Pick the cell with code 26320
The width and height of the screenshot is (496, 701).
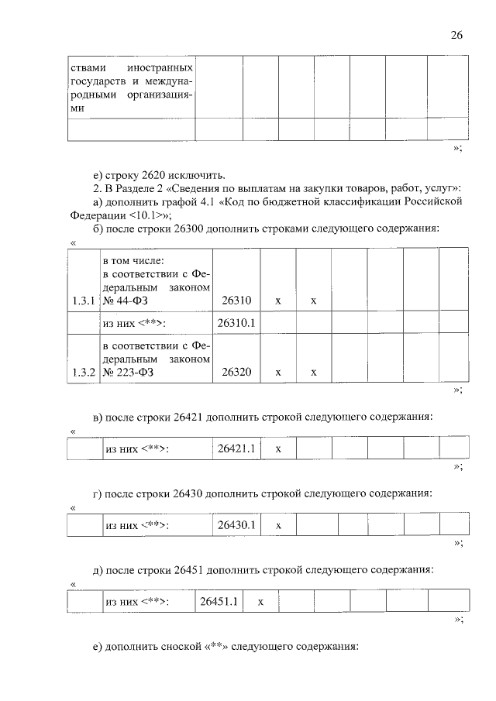tap(236, 373)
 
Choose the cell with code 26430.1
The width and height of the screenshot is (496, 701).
tap(236, 525)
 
